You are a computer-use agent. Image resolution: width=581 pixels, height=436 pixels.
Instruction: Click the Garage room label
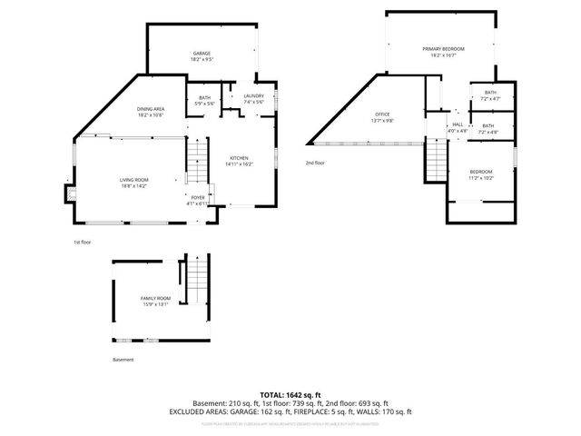pos(202,56)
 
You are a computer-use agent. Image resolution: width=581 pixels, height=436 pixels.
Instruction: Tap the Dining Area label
pos(151,112)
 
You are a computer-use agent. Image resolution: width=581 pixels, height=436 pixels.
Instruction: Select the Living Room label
pos(133,183)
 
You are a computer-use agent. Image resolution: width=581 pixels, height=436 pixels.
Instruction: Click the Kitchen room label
pos(240,162)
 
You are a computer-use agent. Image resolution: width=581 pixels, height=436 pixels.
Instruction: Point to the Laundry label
pos(253,99)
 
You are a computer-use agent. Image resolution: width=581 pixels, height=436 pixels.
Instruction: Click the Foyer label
pos(197,200)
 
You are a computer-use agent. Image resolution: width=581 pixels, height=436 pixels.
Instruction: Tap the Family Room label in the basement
pos(155,301)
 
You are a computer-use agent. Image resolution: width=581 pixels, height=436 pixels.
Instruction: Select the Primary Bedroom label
pos(443,51)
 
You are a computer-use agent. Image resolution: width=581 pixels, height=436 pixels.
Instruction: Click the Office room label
pos(383,117)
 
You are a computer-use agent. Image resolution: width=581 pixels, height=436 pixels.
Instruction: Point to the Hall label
pos(458,127)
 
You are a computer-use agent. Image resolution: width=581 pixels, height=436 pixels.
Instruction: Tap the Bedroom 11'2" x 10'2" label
pos(481,174)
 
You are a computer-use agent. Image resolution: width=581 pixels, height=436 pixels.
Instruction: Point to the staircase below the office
pos(437,161)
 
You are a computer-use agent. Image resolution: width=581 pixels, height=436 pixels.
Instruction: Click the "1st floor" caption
pos(82,243)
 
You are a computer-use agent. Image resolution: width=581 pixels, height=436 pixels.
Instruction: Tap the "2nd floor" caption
pos(315,163)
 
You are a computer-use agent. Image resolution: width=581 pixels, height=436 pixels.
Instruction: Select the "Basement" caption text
pos(123,360)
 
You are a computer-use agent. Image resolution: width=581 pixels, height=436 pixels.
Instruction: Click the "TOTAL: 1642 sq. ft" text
pos(290,394)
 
